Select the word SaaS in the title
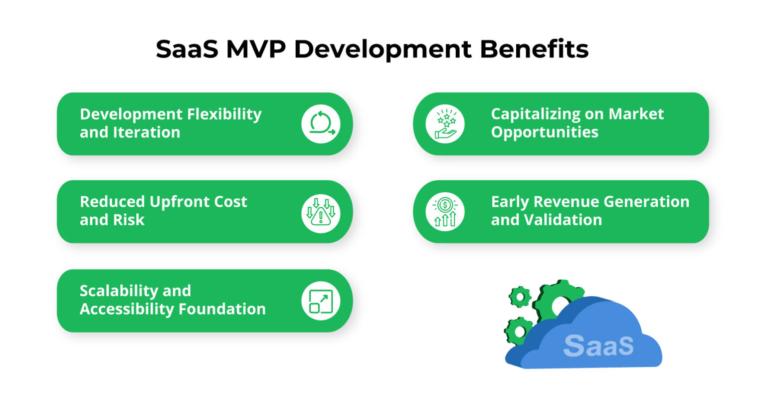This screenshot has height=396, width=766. [x=187, y=49]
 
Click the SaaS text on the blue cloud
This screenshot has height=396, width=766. [x=598, y=345]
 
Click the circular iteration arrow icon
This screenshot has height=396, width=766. [x=321, y=124]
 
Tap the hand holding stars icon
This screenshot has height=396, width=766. [x=445, y=124]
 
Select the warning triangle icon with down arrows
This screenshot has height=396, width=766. [x=321, y=212]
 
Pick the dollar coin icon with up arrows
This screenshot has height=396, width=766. [x=445, y=212]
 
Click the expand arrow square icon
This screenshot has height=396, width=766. [x=321, y=301]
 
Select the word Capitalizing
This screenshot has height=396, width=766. [x=537, y=114]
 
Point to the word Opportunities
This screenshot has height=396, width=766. [x=545, y=132]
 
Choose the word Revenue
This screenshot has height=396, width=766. [x=565, y=202]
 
